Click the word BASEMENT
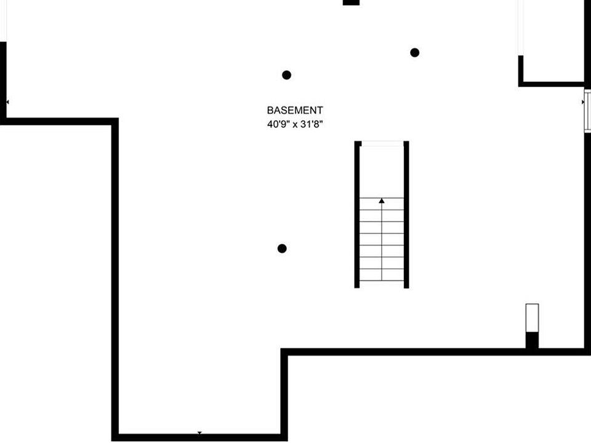pos(295,111)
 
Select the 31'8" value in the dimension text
pos(311,124)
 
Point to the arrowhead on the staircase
pos(382,201)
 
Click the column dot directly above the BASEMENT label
pos(286,75)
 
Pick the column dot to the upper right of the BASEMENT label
pos(415,53)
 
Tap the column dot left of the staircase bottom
pos(282,249)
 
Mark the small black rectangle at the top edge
pos(351,2)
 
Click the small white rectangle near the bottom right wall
pos(532,317)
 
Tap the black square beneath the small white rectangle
pos(532,340)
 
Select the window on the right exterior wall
pos(587,110)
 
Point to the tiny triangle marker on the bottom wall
pos(199,434)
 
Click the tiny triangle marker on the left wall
pos(7,102)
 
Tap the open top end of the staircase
pos(382,144)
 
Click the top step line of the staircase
pos(382,198)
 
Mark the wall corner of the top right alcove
pos(521,83)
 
